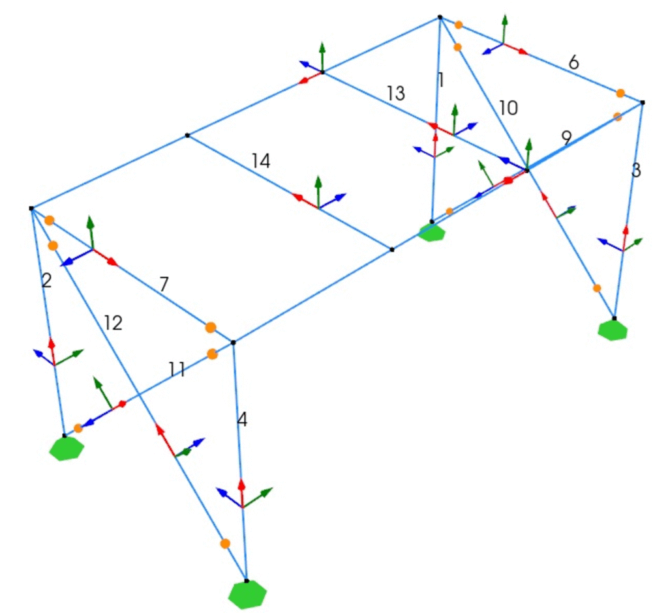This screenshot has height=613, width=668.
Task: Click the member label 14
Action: pyautogui.click(x=261, y=161)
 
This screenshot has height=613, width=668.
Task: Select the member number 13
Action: pyautogui.click(x=396, y=94)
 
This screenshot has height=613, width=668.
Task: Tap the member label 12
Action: pyautogui.click(x=113, y=322)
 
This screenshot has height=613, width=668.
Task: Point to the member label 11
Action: pyautogui.click(x=177, y=370)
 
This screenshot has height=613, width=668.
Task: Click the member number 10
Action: pyautogui.click(x=508, y=108)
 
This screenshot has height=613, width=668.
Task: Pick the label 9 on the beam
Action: pyautogui.click(x=566, y=137)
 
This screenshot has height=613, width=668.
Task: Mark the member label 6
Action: pyautogui.click(x=573, y=63)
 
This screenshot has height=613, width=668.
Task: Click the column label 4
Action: pyautogui.click(x=242, y=420)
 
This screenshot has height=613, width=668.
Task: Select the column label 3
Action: pyautogui.click(x=637, y=171)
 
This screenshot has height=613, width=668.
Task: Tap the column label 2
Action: pyautogui.click(x=46, y=281)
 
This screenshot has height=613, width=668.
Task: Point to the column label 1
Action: pyautogui.click(x=441, y=80)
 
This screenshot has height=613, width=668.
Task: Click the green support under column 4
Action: pyautogui.click(x=248, y=594)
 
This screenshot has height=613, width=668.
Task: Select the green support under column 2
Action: pyautogui.click(x=67, y=448)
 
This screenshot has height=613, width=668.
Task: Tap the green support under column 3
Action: pyautogui.click(x=613, y=329)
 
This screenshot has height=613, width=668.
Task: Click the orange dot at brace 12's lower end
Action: pyautogui.click(x=225, y=543)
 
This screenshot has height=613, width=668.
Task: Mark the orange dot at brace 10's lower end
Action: pyautogui.click(x=597, y=288)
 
